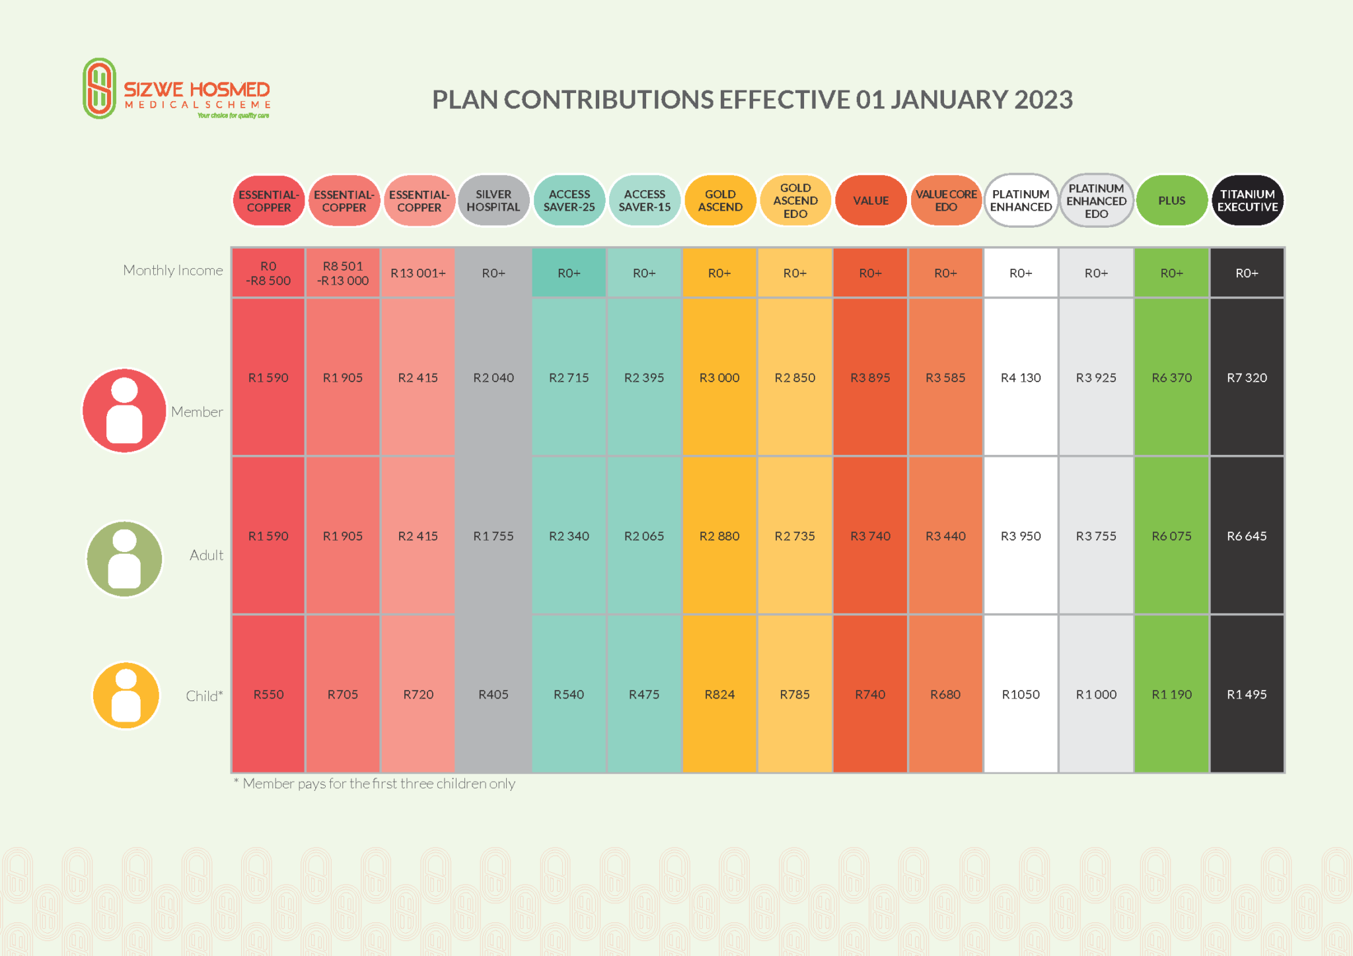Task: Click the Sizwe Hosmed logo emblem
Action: (x=99, y=88)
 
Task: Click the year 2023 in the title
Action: (x=1043, y=100)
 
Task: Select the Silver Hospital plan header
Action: (x=494, y=201)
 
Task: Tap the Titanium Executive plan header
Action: (x=1247, y=201)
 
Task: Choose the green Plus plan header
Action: (x=1171, y=201)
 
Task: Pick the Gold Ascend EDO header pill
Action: (x=795, y=201)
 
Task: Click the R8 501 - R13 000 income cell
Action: (x=343, y=273)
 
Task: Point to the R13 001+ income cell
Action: (x=418, y=273)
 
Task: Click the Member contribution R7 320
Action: (x=1247, y=378)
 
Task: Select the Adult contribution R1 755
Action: (x=494, y=536)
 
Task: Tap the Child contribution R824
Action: (x=719, y=695)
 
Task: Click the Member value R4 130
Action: (x=1021, y=378)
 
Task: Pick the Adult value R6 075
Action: (x=1171, y=536)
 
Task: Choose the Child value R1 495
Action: (x=1247, y=695)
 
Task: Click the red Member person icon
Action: (x=124, y=411)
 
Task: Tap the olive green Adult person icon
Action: (x=124, y=559)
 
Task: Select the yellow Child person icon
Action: (x=126, y=695)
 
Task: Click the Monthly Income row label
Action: (x=173, y=270)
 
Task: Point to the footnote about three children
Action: (x=375, y=784)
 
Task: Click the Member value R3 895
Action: (x=870, y=378)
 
